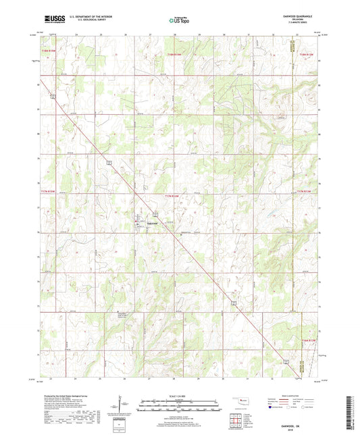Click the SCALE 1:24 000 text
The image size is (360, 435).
point(179,396)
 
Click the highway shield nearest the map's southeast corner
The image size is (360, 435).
point(286,362)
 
